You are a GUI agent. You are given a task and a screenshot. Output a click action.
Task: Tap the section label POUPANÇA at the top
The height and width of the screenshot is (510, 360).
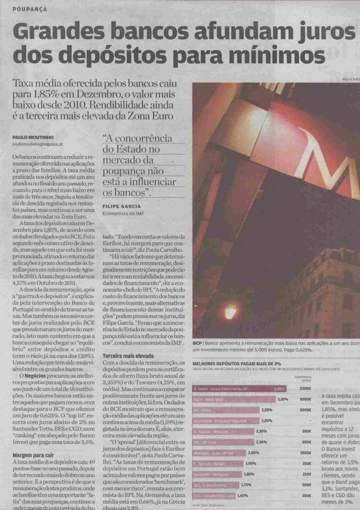30,9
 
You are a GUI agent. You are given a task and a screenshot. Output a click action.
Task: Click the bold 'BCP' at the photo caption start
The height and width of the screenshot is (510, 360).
198,343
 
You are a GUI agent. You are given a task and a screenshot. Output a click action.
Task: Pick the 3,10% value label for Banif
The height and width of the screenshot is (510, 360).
283,399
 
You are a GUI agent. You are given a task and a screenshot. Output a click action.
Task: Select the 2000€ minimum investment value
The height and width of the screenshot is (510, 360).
305,388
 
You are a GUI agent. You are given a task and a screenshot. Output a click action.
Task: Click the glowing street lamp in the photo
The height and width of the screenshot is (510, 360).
230,312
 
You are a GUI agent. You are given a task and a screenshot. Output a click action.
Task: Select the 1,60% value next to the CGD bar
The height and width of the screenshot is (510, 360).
243,495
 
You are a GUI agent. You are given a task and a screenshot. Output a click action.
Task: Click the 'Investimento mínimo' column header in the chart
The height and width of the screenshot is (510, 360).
302,378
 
